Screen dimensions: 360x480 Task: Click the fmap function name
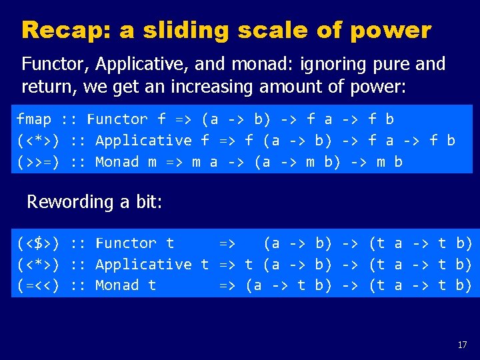coord(34,119)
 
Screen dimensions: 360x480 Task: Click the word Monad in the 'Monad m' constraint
coord(117,162)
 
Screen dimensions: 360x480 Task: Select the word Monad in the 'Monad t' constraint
coord(117,285)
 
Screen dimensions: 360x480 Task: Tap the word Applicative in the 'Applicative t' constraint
coord(143,265)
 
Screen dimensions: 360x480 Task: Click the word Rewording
coord(64,202)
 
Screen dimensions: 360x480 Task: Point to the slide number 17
coord(462,345)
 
